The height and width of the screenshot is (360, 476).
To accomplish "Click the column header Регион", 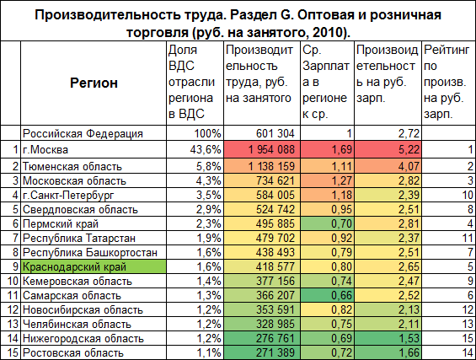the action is [94, 83].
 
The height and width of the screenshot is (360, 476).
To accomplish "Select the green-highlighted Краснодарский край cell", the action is [94, 266].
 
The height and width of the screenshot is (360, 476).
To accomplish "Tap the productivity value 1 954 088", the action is [271, 149].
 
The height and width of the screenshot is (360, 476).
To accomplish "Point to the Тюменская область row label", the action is [72, 166].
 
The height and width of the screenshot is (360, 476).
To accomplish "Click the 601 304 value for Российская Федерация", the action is [275, 133].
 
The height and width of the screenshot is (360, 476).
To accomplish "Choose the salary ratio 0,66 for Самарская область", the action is [341, 295].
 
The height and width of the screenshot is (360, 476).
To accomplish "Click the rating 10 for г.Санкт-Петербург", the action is [468, 195].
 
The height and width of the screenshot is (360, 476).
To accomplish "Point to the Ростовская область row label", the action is [73, 352].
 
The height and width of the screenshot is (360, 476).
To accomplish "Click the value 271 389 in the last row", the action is [275, 352].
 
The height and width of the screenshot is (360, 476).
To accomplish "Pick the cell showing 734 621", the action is [275, 180].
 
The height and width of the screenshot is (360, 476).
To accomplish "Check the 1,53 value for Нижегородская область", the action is [409, 338].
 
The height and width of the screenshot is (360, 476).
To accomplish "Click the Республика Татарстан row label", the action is [79, 238].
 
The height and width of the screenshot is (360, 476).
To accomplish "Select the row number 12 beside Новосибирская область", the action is [13, 309].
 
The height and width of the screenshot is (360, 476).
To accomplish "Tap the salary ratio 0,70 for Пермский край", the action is [341, 223].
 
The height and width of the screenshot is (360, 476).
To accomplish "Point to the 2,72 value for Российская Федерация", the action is [409, 133].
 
